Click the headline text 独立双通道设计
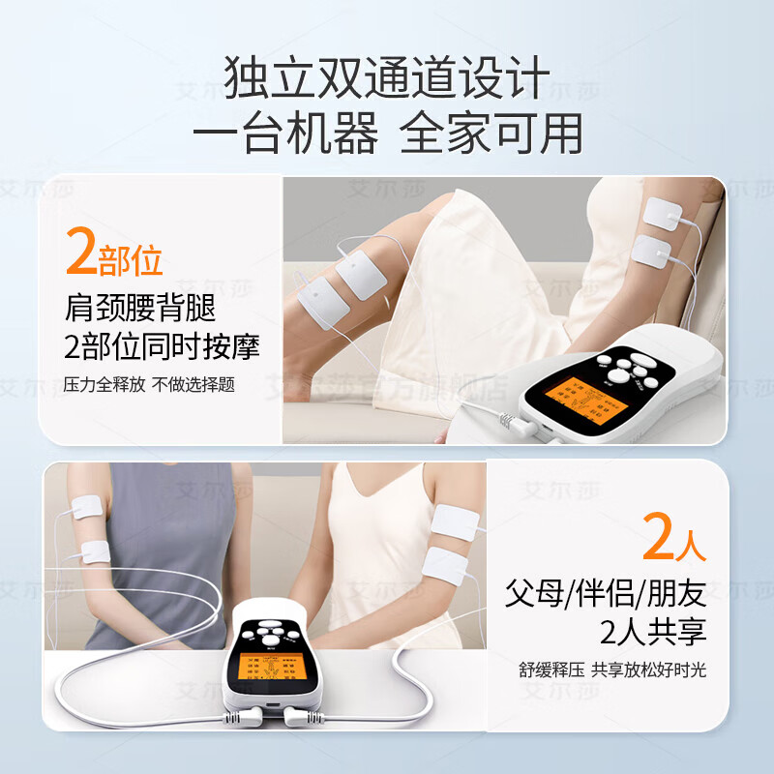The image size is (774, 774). click(387, 78)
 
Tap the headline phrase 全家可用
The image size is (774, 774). click(492, 134)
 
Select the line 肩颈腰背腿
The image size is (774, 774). click(140, 310)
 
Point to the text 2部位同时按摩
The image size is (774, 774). click(163, 346)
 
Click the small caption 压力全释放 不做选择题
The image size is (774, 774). click(149, 383)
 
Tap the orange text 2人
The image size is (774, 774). click(674, 542)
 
